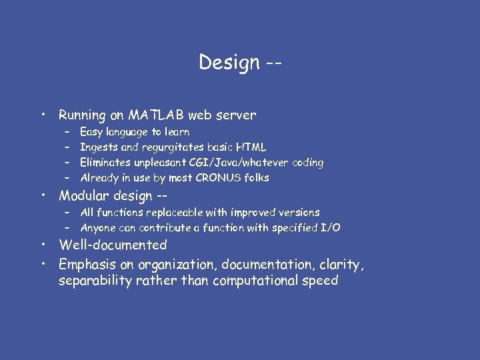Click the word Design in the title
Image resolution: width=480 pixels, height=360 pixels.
pyautogui.click(x=229, y=63)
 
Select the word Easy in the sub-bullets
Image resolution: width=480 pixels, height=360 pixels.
pyautogui.click(x=91, y=132)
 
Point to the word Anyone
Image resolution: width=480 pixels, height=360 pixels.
pyautogui.click(x=98, y=227)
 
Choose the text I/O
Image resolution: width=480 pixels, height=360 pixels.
pyautogui.click(x=331, y=227)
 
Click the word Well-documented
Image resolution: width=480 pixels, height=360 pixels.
pyautogui.click(x=113, y=245)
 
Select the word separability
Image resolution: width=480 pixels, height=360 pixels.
pyautogui.click(x=98, y=281)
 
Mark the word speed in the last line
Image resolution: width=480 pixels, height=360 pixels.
pyautogui.click(x=321, y=281)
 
